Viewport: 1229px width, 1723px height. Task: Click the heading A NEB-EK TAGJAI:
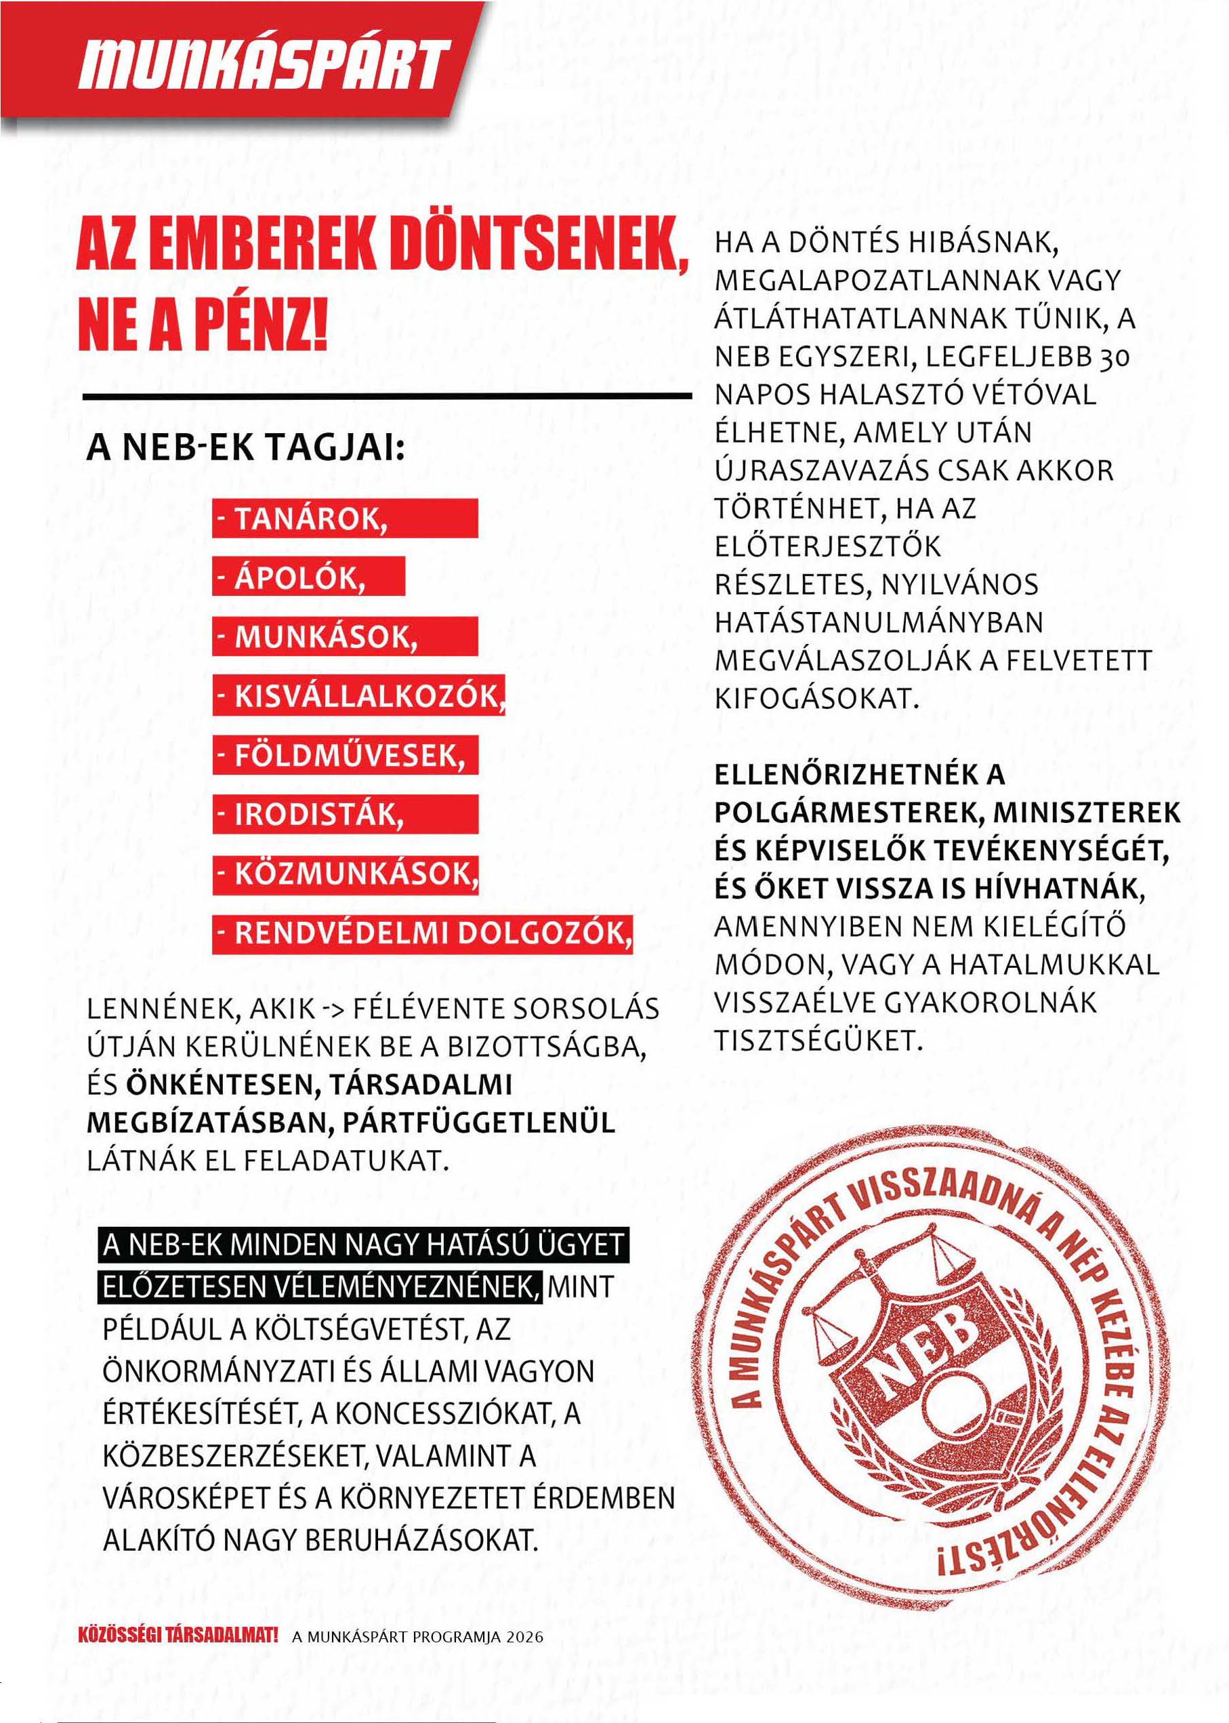click(246, 447)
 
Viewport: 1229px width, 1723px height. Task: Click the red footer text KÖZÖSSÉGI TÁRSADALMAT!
click(178, 1635)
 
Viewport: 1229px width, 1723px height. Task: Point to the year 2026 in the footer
click(525, 1637)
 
